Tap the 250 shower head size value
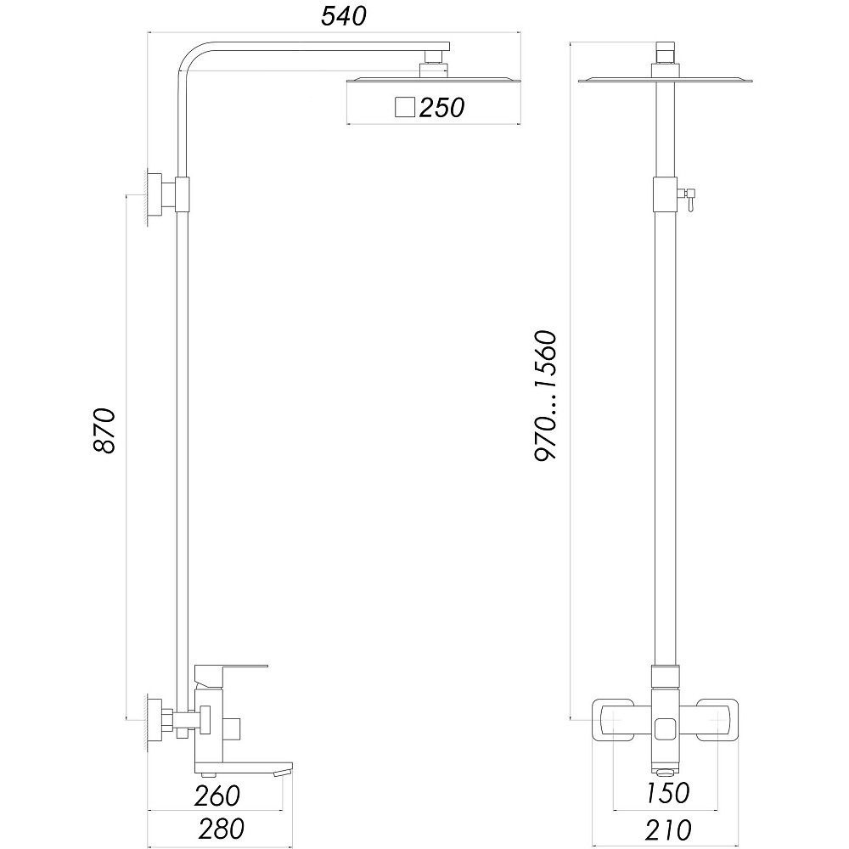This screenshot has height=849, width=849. click(441, 108)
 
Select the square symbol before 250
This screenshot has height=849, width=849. click(405, 107)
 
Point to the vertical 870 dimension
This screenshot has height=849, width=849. click(104, 430)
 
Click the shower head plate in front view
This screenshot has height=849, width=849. click(666, 82)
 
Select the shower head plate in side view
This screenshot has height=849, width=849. click(432, 82)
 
